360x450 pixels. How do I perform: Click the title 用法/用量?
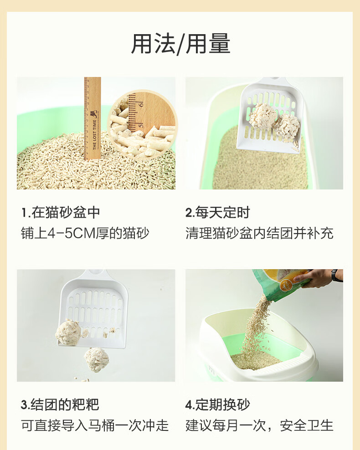coord(180,44)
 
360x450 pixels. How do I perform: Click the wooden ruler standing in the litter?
coord(92,118)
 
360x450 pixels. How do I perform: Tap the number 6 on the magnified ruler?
coord(141,103)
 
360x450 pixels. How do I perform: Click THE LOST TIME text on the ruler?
coord(95,135)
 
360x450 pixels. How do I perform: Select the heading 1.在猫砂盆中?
coord(61,212)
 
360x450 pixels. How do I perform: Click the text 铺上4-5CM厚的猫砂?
coord(85,233)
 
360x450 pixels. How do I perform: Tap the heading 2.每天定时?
coord(218,212)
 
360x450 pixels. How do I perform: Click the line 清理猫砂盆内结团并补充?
coord(259,233)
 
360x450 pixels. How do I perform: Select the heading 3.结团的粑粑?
coord(60,404)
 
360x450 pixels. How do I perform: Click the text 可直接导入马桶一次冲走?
coord(94,425)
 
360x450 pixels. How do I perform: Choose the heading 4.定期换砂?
coord(218,404)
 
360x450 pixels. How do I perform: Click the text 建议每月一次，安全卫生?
coord(259,425)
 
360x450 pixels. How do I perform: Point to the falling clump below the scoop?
coord(97,360)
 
